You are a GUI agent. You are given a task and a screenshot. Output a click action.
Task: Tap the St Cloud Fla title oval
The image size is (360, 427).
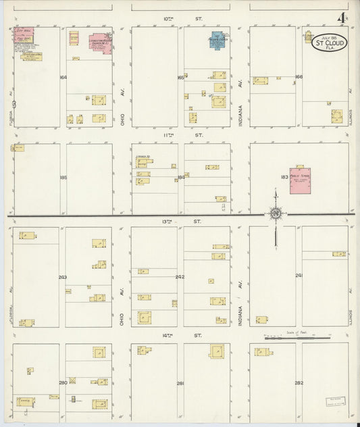(329, 44)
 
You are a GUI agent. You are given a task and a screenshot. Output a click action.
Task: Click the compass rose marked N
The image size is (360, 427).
(276, 214)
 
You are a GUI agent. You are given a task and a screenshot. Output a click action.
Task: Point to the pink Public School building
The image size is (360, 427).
(301, 180)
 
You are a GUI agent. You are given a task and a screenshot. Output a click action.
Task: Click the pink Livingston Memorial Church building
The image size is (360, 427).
(100, 41)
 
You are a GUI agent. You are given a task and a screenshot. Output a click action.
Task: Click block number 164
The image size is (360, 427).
(63, 78)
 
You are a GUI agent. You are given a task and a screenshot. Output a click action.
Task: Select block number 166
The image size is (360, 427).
(299, 77)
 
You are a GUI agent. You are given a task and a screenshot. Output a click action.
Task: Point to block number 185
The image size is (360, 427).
(63, 178)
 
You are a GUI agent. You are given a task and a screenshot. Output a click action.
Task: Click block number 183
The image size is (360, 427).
(284, 177)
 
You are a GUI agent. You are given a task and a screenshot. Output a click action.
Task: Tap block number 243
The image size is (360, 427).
(63, 278)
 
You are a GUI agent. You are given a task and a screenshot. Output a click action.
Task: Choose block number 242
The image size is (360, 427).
(180, 277)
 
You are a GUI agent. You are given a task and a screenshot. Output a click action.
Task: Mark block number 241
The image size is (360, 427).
(299, 276)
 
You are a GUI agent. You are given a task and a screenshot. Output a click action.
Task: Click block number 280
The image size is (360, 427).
(63, 383)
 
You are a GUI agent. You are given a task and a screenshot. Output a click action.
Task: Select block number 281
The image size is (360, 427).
(180, 384)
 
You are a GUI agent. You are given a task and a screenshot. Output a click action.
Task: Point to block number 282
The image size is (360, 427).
(299, 383)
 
